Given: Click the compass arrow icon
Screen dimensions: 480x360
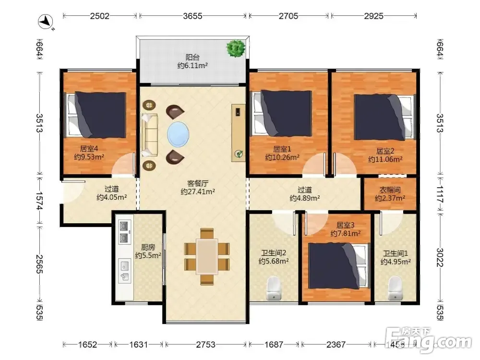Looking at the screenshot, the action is click(x=46, y=22).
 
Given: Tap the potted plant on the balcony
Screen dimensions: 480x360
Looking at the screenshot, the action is click(x=236, y=48).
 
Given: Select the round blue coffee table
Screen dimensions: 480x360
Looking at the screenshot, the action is click(x=178, y=135).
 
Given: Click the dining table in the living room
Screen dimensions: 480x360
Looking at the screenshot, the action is click(x=207, y=256).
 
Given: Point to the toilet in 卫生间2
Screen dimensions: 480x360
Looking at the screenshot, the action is click(x=274, y=288).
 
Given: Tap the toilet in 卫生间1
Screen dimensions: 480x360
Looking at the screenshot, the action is click(x=395, y=288).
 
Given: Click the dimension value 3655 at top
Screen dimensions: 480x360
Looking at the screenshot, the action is click(x=192, y=16).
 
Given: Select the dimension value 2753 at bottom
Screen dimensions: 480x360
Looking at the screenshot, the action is click(x=206, y=345).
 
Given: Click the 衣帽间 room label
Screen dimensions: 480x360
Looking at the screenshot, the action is click(x=390, y=190).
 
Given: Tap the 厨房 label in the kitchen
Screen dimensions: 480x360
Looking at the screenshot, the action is click(x=148, y=247).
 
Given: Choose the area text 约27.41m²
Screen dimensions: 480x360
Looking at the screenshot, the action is click(x=198, y=192).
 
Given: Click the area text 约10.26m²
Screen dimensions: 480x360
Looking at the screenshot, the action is click(x=282, y=157).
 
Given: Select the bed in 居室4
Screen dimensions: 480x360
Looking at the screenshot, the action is click(x=96, y=115).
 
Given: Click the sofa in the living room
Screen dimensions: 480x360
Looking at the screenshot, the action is click(x=150, y=135).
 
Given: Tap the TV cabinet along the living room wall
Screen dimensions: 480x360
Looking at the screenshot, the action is click(x=238, y=133).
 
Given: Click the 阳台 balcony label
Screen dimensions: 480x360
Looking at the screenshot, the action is click(x=193, y=57).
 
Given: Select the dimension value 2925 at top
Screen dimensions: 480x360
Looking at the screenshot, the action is click(x=374, y=16).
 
